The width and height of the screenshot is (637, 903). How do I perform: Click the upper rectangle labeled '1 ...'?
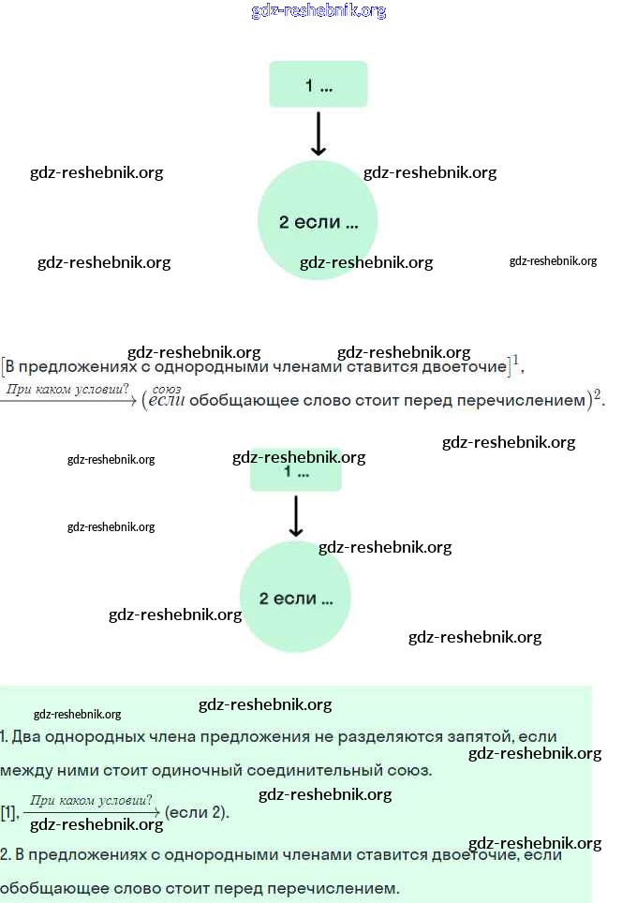pyautogui.click(x=318, y=84)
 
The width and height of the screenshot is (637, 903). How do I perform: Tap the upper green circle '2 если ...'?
pyautogui.click(x=318, y=222)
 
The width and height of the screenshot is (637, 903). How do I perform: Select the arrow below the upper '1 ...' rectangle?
pyautogui.click(x=318, y=134)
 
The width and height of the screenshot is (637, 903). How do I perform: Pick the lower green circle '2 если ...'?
pyautogui.click(x=295, y=598)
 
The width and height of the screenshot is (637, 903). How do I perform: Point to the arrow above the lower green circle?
pyautogui.click(x=296, y=516)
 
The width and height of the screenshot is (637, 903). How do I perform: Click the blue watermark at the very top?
pyautogui.click(x=318, y=11)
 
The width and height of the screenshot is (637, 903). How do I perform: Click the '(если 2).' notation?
pyautogui.click(x=197, y=812)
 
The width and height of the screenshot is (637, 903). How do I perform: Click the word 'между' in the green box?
pyautogui.click(x=23, y=771)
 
